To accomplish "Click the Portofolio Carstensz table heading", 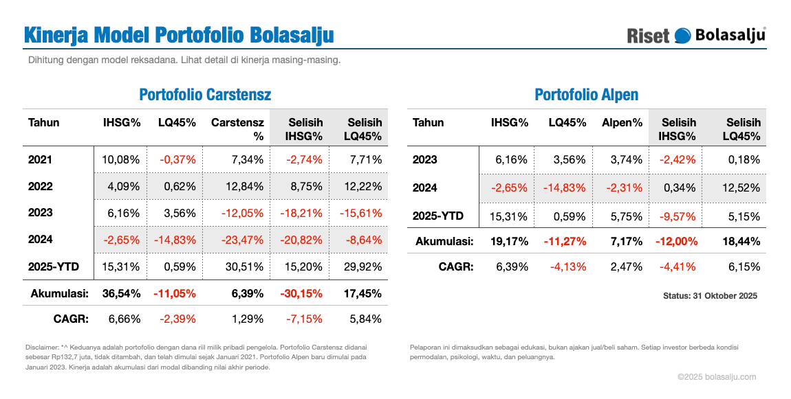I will [205, 95].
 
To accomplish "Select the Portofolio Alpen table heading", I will [586, 95].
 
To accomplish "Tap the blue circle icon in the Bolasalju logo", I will [683, 36].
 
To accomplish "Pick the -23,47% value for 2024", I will [242, 240].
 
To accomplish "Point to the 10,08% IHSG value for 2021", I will [121, 160].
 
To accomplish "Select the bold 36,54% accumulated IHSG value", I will [121, 293].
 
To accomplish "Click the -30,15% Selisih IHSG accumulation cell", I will [301, 293].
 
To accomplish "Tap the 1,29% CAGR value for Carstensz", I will [248, 319].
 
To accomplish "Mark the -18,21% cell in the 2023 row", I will [301, 213].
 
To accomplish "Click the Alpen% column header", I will [622, 123].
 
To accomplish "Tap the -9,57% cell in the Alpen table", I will [679, 216].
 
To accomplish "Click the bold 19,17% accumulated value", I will [509, 241].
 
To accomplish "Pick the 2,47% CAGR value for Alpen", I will [626, 266].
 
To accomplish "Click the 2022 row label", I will [41, 186].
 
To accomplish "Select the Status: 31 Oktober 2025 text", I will [710, 296].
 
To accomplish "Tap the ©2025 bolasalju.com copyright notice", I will [716, 376].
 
